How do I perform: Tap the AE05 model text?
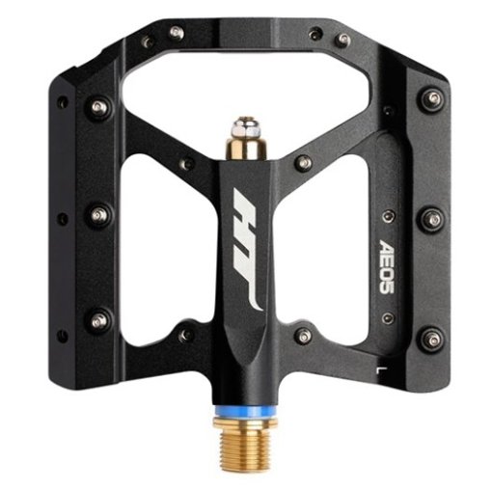click(x=385, y=270)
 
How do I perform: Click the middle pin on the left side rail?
click(x=98, y=215)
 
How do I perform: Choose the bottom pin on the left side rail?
click(x=98, y=318)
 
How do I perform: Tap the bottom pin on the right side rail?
click(x=431, y=338)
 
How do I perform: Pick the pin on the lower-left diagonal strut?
click(x=186, y=335)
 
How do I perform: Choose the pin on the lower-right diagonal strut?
click(x=304, y=335)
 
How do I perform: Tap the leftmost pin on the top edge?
click(x=146, y=41)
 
